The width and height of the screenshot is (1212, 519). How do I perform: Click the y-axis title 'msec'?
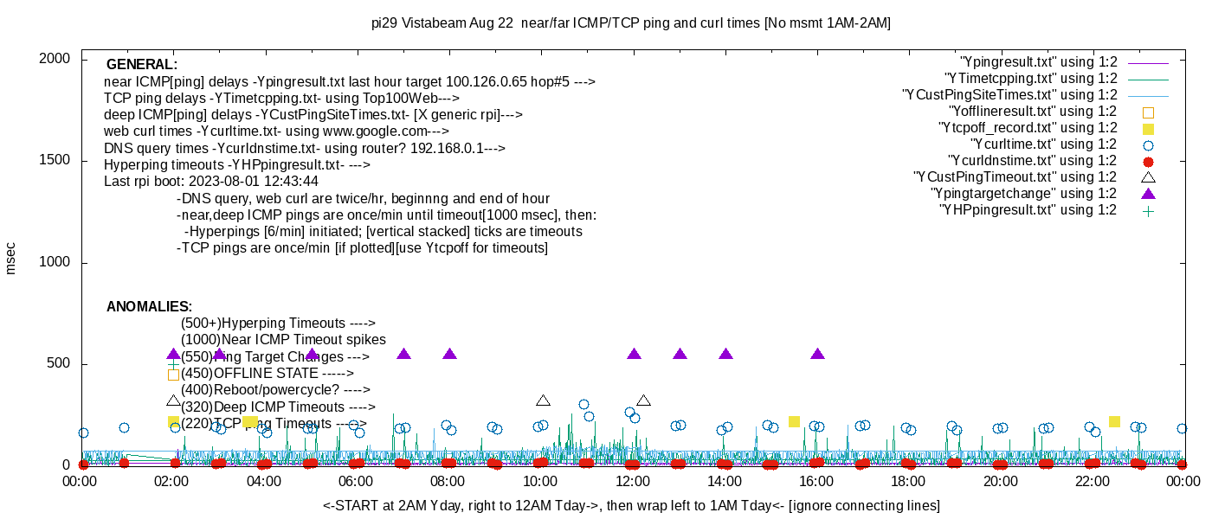click(11, 258)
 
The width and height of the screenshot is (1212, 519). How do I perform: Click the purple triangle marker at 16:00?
click(817, 354)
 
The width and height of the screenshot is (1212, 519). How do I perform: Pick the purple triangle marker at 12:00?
click(634, 354)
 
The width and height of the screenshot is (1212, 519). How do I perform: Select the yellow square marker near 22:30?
click(1114, 421)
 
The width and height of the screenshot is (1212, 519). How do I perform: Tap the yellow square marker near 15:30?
click(794, 421)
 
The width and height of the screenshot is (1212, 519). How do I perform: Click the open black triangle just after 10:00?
click(543, 400)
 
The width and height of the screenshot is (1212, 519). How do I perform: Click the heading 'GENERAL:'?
click(142, 65)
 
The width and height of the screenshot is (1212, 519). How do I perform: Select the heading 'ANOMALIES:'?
click(149, 307)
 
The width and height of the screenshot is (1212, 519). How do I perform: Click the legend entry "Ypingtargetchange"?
click(1023, 194)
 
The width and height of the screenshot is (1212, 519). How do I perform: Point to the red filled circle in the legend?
click(1148, 161)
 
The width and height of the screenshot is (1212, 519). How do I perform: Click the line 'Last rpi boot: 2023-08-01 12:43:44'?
click(211, 182)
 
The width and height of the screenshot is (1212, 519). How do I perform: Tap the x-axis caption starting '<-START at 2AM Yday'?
click(631, 505)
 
